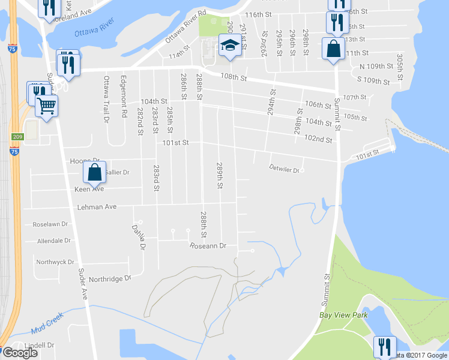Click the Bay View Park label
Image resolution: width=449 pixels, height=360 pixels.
pos(343,315)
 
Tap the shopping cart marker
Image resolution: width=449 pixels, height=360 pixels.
pos(46,106)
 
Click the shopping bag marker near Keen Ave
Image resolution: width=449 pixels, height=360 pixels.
pos(95,172)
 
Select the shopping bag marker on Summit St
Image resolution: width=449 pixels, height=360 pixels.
pos(333,49)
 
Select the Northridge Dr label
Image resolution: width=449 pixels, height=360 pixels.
pos(110,279)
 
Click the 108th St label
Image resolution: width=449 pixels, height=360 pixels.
pos(234,77)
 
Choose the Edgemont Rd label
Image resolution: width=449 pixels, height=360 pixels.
pos(124,97)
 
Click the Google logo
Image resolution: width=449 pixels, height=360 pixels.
pos(20,352)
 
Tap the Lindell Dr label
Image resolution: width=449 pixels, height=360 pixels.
pos(40,346)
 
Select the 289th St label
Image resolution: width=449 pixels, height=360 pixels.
pos(220,175)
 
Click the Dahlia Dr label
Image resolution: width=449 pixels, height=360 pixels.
pos(138,237)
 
